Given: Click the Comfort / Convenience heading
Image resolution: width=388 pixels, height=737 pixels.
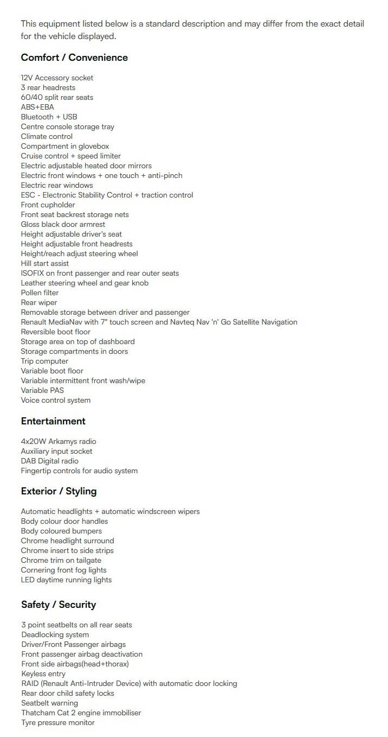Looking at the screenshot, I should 74,58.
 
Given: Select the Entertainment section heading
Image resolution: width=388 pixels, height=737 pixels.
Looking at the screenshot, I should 53,421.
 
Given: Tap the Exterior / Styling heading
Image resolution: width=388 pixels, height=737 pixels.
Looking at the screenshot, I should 59,491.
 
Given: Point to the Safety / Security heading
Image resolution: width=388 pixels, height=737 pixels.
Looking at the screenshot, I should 59,605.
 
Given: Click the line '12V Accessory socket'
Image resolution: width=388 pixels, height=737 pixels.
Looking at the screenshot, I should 57,78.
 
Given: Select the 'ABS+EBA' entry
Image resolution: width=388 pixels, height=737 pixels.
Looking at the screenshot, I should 37,107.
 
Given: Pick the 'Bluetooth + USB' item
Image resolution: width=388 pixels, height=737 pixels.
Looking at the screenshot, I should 49,117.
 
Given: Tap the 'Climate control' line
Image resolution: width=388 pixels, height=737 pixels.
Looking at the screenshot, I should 47,137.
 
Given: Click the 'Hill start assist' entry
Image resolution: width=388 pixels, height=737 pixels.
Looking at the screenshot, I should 45,264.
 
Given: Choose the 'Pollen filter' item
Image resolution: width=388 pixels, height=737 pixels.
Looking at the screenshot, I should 40,293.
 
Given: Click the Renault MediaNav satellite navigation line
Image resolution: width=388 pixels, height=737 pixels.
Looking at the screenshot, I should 159,322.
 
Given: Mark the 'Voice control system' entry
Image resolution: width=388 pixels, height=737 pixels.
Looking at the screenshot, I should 56,401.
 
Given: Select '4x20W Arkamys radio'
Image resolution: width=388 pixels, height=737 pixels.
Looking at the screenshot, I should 59,442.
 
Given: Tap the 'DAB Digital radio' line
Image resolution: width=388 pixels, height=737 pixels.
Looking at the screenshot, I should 49,461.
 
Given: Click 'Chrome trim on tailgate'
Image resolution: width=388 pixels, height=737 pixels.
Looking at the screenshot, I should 61,561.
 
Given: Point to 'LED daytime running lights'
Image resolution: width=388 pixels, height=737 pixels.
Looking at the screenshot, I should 66,580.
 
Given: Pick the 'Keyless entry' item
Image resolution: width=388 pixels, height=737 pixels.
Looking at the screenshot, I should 43,674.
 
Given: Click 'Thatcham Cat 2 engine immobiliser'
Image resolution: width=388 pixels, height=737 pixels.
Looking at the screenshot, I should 81,713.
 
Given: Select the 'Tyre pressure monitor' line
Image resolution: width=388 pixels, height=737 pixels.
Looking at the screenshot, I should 58,723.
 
